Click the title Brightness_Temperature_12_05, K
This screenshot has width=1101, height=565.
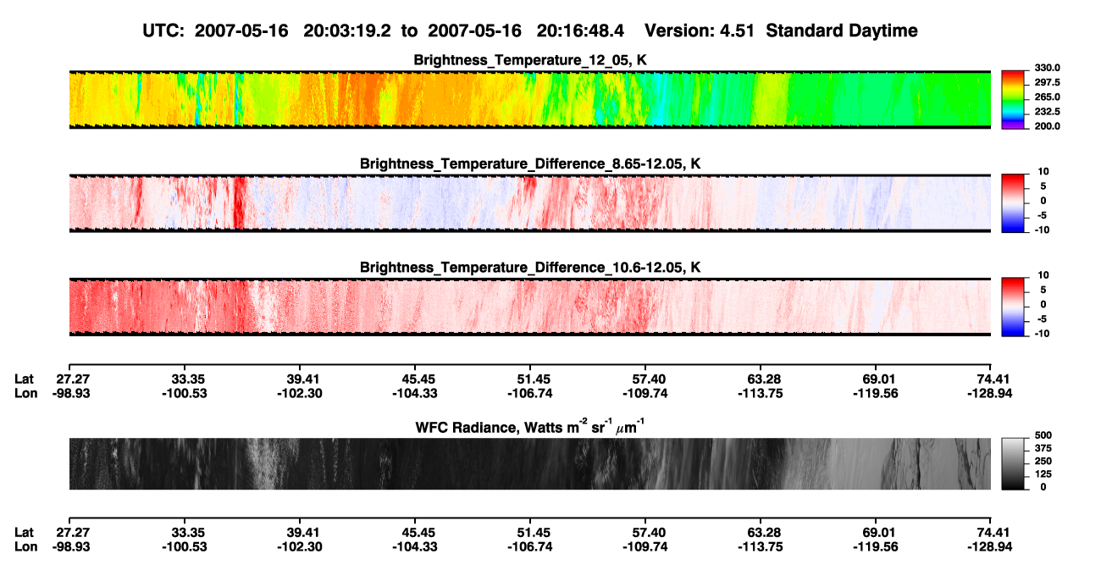click(530, 60)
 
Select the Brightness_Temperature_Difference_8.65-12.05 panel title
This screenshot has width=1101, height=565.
click(530, 163)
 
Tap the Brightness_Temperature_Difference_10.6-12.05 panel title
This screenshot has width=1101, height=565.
click(530, 268)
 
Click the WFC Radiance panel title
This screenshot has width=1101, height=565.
click(530, 427)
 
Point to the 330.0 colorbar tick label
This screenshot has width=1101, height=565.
click(1047, 68)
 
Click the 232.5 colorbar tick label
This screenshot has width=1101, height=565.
click(1047, 112)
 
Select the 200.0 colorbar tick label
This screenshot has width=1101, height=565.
click(1047, 126)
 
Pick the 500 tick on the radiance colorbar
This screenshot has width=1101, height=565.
click(1043, 435)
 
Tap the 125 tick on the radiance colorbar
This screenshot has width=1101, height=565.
click(1043, 474)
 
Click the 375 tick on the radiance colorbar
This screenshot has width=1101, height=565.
click(1043, 448)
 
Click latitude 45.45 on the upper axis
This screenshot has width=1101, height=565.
click(415, 379)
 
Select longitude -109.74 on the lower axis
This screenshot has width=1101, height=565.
click(645, 547)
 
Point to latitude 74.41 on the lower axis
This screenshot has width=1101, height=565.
click(990, 533)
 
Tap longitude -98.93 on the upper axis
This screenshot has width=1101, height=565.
click(71, 393)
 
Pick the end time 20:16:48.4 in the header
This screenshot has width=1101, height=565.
click(580, 30)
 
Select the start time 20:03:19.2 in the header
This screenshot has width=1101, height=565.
click(347, 30)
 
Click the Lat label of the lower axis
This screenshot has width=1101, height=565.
click(24, 533)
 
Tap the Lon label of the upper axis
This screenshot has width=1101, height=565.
click(25, 393)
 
